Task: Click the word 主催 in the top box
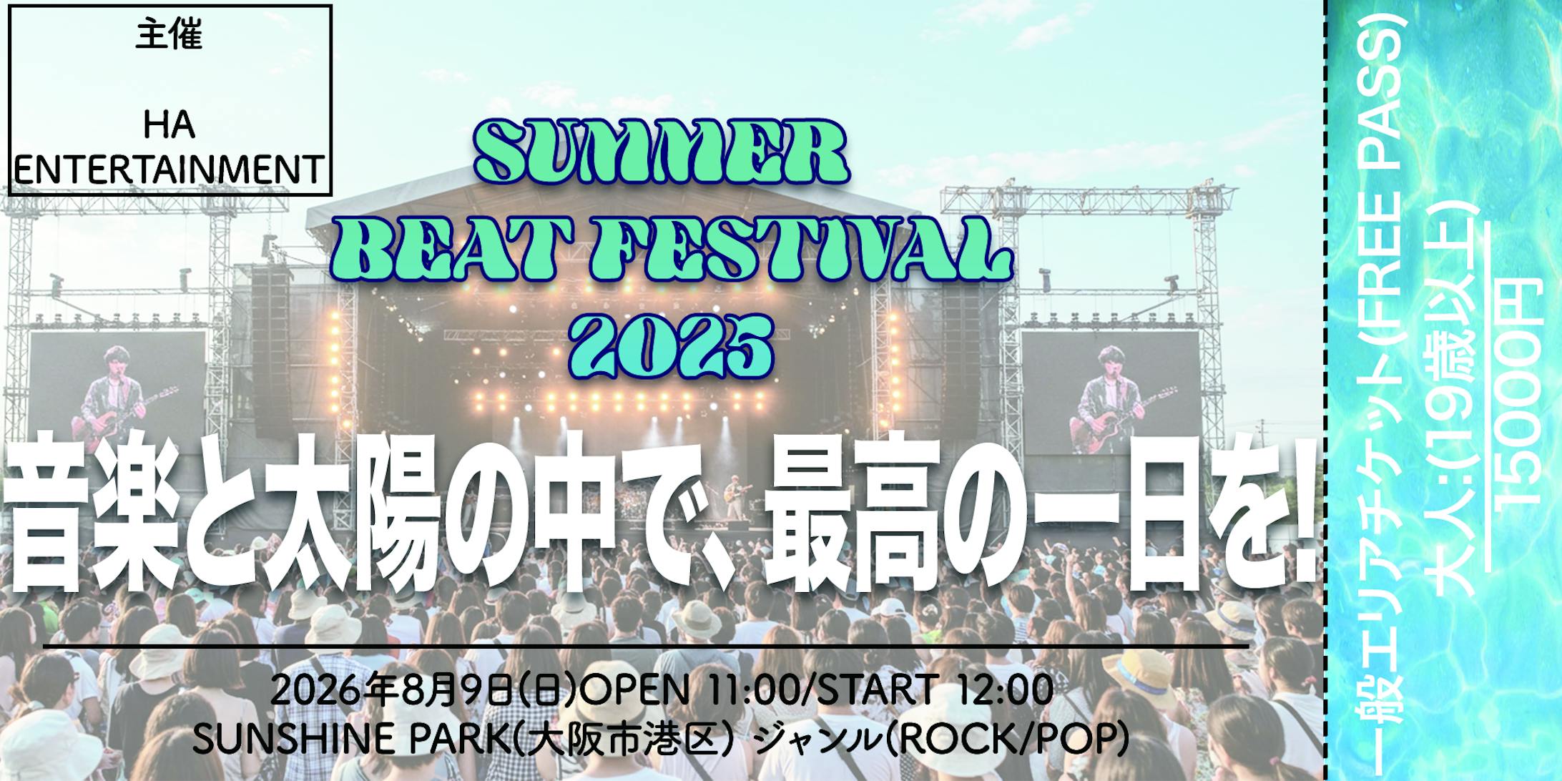coord(169,36)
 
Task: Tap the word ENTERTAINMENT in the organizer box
coord(169,170)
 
